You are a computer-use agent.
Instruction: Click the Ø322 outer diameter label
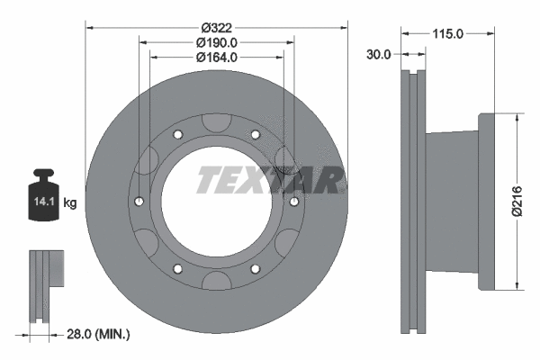pos(216,27)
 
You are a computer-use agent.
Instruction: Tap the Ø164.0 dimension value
pos(216,57)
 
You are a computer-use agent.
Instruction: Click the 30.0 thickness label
pos(380,55)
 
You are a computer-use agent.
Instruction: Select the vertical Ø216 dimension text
pos(517,200)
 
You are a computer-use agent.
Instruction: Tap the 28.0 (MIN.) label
pos(99,334)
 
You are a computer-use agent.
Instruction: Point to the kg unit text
pos(69,203)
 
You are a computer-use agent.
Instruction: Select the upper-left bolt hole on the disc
pos(177,135)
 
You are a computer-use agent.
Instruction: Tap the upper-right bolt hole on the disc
pos(255,135)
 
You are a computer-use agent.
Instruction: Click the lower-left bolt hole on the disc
pos(177,269)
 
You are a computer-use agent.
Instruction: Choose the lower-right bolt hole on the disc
pos(255,269)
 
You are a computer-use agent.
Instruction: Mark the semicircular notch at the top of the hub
pos(216,122)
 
